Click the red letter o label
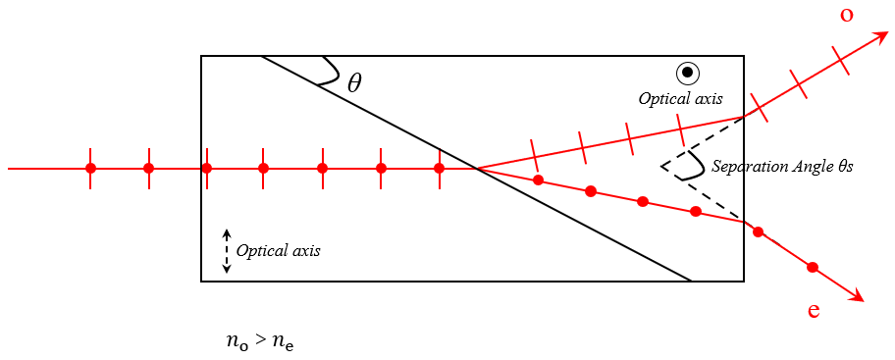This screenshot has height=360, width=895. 847,16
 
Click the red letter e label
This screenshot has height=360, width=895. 814,311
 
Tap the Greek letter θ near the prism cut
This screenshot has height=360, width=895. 354,84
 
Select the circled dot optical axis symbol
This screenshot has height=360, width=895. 688,73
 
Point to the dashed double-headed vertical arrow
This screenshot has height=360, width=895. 227,251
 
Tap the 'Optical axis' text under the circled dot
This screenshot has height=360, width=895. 680,99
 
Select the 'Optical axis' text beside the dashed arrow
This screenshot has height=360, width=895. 278,251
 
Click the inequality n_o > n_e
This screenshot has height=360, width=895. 260,342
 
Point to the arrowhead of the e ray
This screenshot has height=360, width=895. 857,294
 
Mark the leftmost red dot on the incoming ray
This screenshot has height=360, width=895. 90,169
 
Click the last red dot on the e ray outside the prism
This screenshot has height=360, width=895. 813,267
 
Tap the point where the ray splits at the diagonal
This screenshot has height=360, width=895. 477,169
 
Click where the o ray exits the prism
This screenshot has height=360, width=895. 744,117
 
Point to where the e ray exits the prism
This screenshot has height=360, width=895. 744,222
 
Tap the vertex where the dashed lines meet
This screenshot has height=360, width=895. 661,167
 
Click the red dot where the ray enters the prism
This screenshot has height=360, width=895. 207,169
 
